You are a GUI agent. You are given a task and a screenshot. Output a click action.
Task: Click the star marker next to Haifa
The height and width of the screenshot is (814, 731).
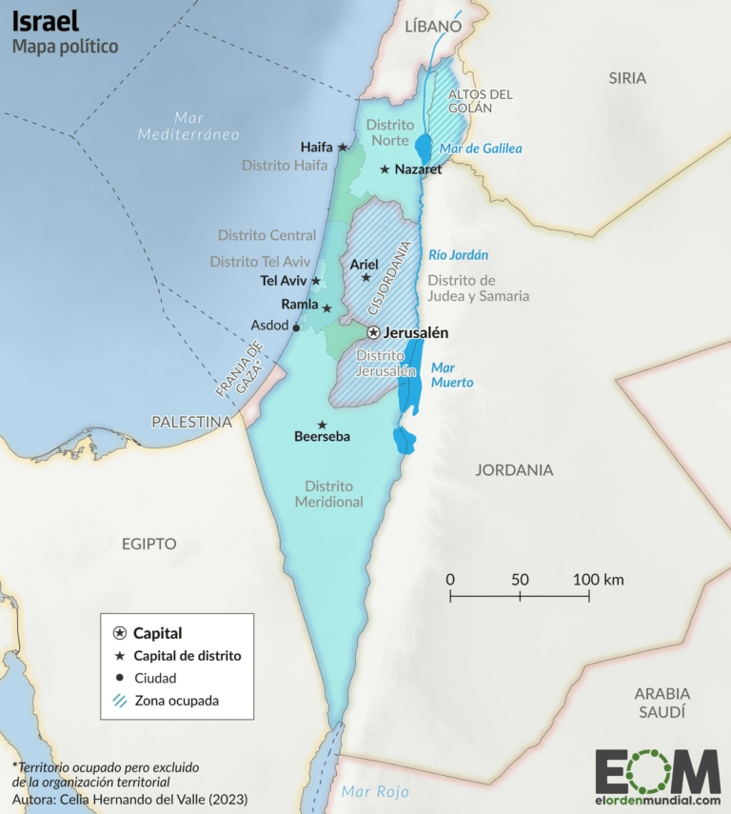point(343,148)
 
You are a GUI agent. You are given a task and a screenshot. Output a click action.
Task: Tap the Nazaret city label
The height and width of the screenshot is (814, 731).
point(418,169)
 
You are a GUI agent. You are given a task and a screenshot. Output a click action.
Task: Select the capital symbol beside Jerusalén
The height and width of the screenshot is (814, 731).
point(374,332)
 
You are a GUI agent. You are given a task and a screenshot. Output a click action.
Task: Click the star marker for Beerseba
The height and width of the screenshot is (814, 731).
point(323,425)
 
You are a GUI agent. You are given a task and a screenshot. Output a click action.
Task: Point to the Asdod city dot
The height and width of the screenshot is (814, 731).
point(296,328)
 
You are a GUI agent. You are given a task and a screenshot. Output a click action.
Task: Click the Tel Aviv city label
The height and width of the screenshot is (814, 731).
point(283,281)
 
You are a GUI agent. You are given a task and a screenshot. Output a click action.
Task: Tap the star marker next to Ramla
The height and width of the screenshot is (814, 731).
point(326,308)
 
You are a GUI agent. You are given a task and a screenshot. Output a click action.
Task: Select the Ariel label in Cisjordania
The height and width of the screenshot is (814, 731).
point(365,264)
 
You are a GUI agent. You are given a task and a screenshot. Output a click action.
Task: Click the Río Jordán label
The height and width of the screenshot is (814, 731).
point(458,255)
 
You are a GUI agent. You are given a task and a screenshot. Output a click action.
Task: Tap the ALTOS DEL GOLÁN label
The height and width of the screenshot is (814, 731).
point(481,101)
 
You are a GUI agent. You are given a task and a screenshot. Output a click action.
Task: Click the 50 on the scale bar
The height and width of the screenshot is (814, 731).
point(520,579)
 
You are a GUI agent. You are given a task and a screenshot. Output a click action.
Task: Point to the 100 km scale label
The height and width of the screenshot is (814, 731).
point(598,579)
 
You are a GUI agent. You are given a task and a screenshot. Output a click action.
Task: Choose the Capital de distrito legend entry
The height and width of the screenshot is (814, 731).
point(187,656)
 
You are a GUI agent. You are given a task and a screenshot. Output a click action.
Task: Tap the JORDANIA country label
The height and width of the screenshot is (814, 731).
point(514,470)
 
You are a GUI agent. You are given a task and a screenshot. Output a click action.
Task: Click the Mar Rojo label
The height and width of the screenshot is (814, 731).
point(375,791)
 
